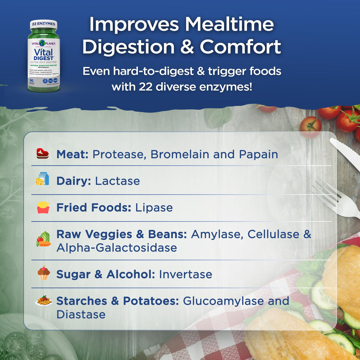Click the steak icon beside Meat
pyautogui.click(x=42, y=154)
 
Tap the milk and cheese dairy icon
pyautogui.click(x=42, y=179)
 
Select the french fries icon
pyautogui.click(x=43, y=207)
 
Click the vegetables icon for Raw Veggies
pyautogui.click(x=44, y=239)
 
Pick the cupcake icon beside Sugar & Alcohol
pyautogui.click(x=44, y=274)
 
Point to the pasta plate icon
pyautogui.click(x=44, y=301)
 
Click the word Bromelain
pyautogui.click(x=180, y=154)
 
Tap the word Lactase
pyautogui.click(x=117, y=181)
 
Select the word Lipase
pyautogui.click(x=154, y=207)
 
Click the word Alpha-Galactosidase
pyautogui.click(x=117, y=248)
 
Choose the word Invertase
pyautogui.click(x=185, y=274)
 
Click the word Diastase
pyautogui.click(x=81, y=314)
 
